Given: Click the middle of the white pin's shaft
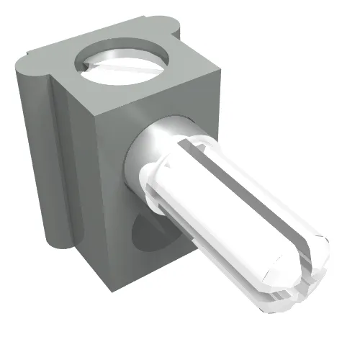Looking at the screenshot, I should click(x=230, y=209).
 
